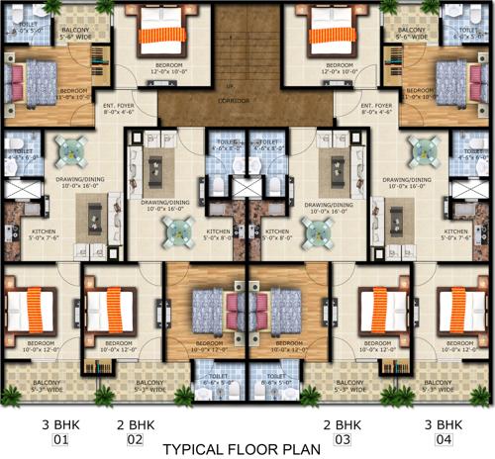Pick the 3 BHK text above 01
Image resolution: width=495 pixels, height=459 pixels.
pyautogui.click(x=61, y=425)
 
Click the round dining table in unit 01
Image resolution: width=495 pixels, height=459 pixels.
pyautogui.click(x=71, y=150)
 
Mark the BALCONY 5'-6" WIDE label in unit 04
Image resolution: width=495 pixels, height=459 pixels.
pyautogui.click(x=412, y=34)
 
